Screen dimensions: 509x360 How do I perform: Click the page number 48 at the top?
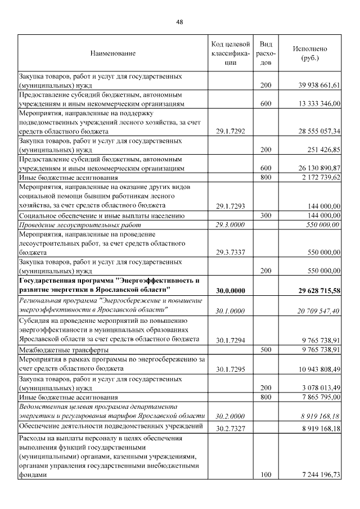pyautogui.click(x=179, y=22)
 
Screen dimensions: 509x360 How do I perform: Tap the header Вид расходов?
pyautogui.click(x=266, y=53)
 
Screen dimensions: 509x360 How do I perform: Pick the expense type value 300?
pyautogui.click(x=266, y=215)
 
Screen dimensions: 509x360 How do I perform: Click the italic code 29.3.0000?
pyautogui.click(x=230, y=224)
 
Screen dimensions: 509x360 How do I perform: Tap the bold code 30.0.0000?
pyautogui.click(x=230, y=290)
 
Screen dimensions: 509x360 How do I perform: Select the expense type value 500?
pyautogui.click(x=266, y=349)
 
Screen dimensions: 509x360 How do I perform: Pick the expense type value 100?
pyautogui.click(x=266, y=475)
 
